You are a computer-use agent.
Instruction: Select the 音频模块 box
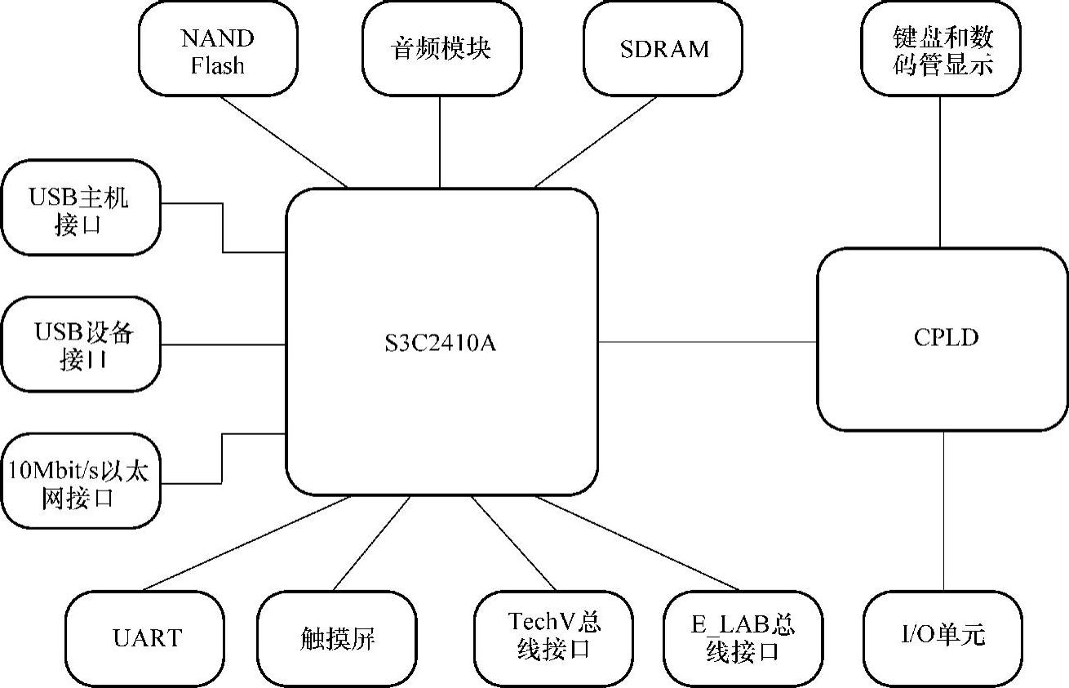click(x=441, y=49)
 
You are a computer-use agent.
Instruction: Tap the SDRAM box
click(x=663, y=49)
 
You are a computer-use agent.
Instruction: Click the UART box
click(x=146, y=637)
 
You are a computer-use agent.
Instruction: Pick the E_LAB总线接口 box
click(x=742, y=637)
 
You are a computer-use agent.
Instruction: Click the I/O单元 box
click(x=943, y=637)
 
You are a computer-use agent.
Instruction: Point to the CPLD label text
click(x=946, y=338)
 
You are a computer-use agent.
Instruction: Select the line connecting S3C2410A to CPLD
click(x=707, y=342)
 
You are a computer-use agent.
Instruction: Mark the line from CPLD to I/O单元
click(x=944, y=510)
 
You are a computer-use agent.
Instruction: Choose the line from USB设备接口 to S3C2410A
click(x=223, y=345)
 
